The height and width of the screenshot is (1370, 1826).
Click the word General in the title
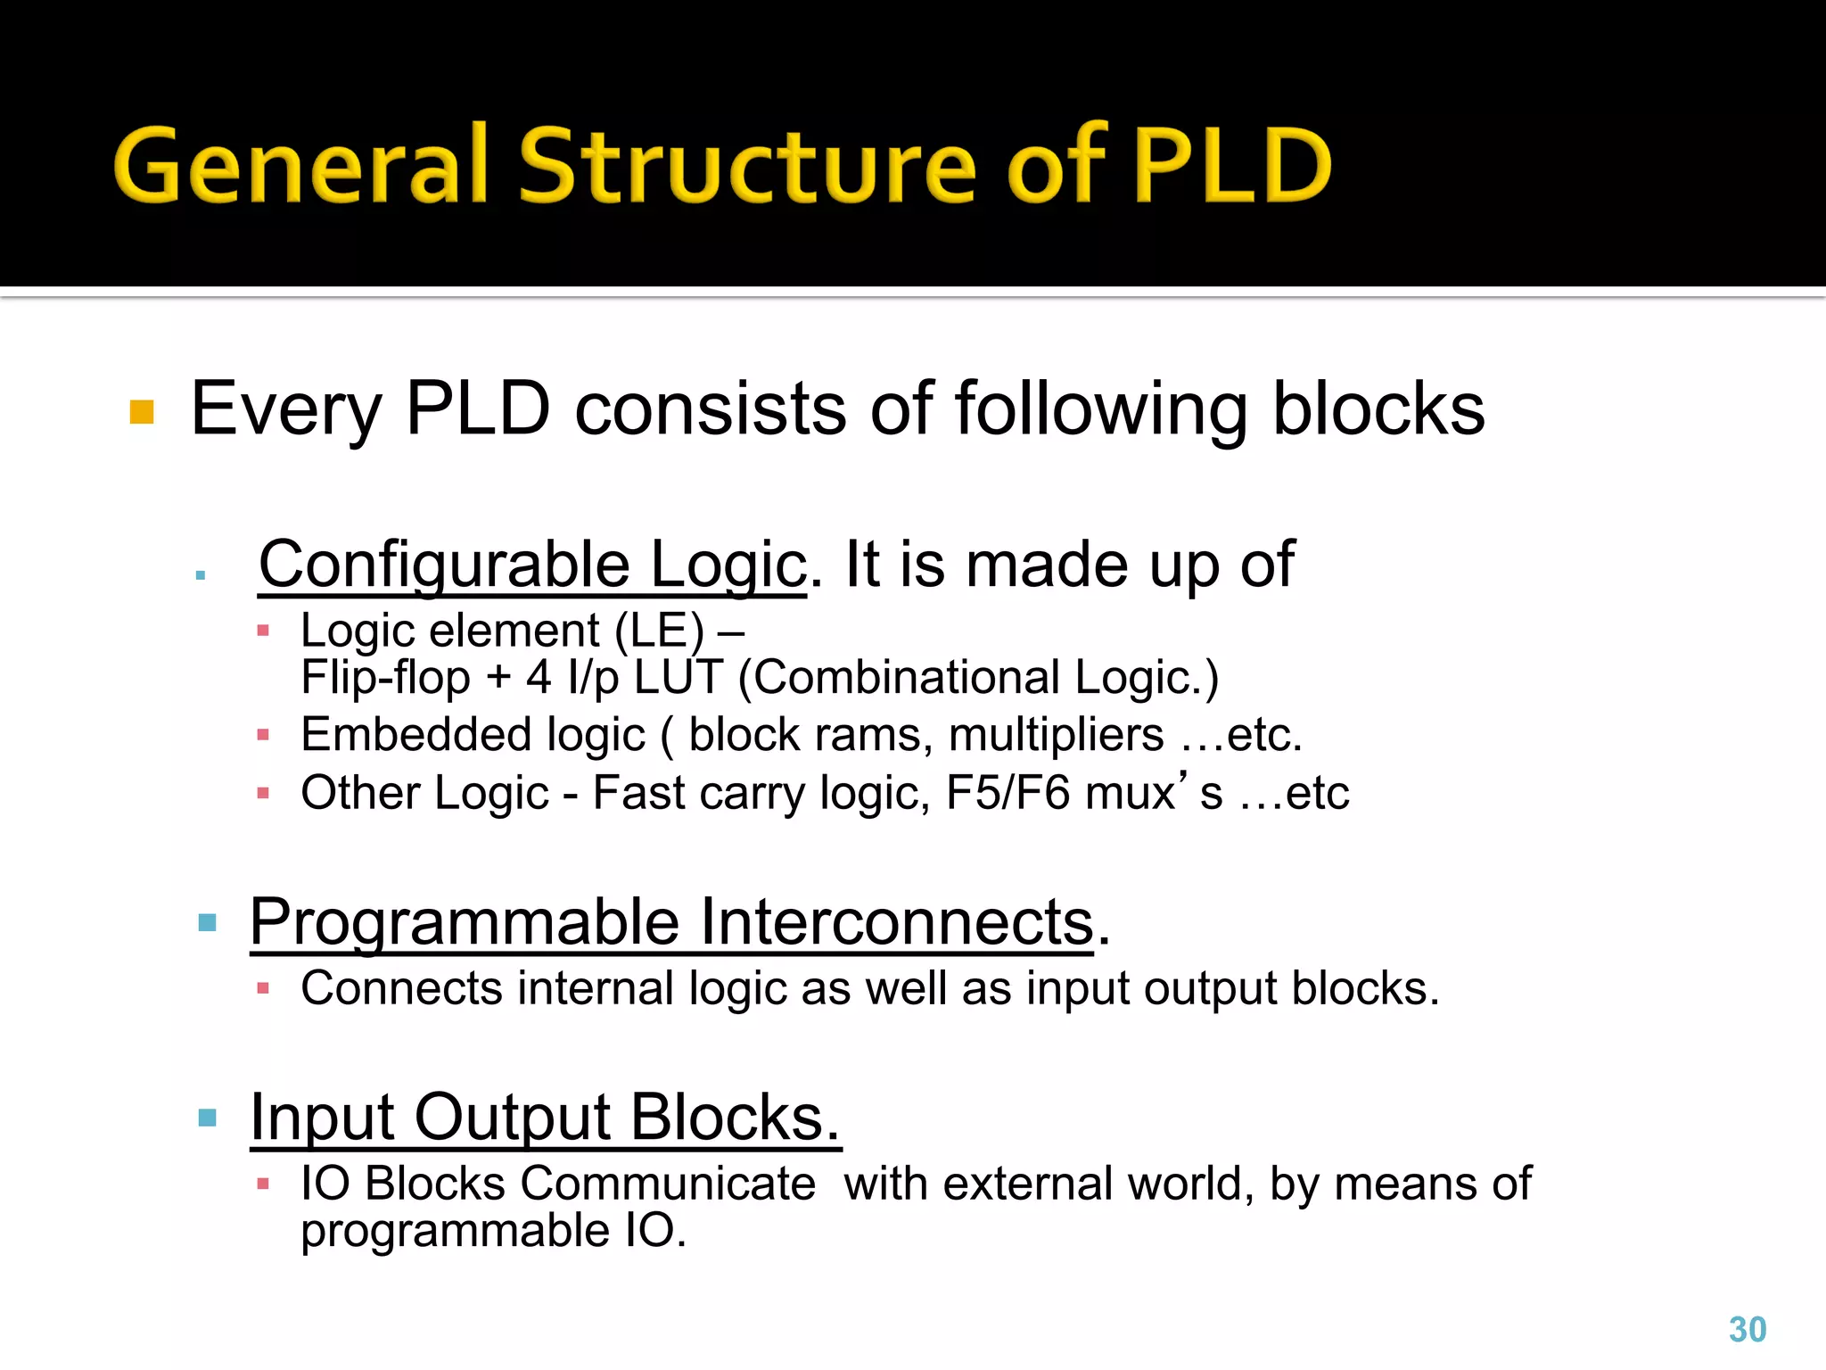click(301, 165)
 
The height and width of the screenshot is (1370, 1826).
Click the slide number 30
click(1747, 1329)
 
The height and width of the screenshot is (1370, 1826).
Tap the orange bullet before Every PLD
click(142, 412)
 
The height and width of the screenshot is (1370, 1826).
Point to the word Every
click(286, 410)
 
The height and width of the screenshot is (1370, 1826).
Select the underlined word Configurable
click(443, 565)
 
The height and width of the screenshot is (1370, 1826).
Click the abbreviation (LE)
click(660, 631)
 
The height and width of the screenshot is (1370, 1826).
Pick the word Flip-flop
click(385, 678)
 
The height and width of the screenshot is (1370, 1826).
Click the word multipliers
click(1056, 735)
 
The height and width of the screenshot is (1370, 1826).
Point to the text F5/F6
click(1007, 792)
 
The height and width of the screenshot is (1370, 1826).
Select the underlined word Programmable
click(465, 921)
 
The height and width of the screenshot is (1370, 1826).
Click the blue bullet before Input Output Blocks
click(208, 1118)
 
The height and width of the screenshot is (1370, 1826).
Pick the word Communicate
click(668, 1184)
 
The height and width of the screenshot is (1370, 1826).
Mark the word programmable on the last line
click(455, 1231)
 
